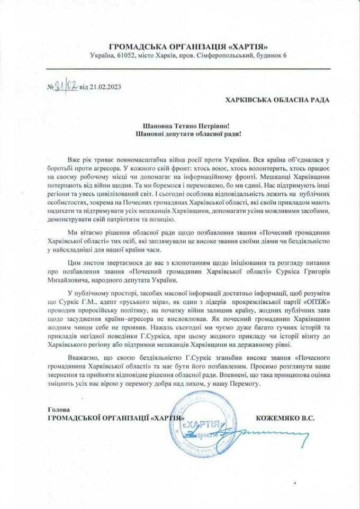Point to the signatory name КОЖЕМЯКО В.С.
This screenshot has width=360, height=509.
pos(285,417)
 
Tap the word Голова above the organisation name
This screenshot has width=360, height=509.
pos(53,409)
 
